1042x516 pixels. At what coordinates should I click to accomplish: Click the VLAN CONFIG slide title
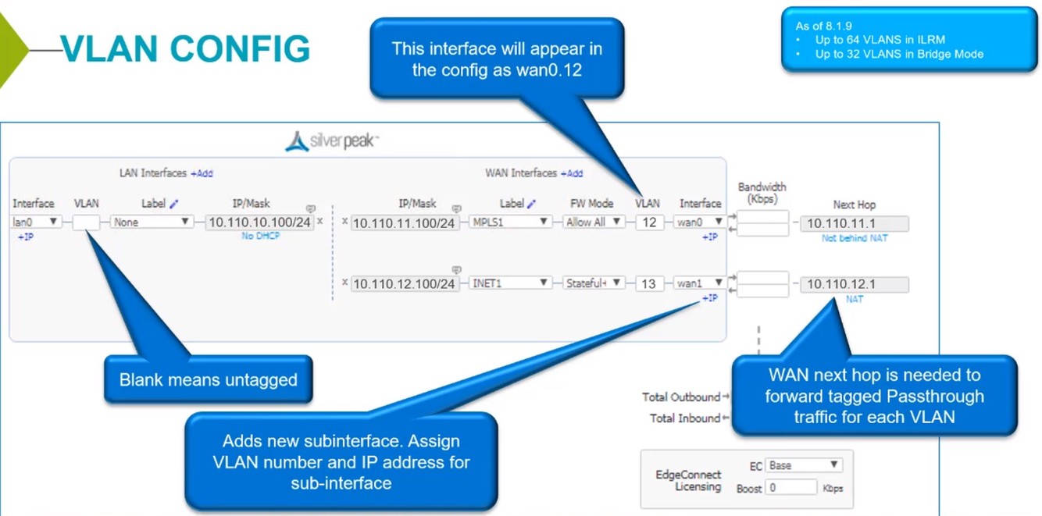pos(185,48)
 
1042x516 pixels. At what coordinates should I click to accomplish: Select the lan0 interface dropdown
pos(36,222)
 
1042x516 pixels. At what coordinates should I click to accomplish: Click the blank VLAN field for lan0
pos(86,222)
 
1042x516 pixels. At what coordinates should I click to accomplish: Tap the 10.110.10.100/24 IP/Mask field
pos(260,222)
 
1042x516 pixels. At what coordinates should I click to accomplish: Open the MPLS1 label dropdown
pos(511,222)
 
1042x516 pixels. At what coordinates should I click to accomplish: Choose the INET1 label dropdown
pos(511,283)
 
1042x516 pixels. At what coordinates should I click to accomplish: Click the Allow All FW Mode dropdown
pos(594,222)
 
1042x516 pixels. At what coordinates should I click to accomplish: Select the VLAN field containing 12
pos(649,222)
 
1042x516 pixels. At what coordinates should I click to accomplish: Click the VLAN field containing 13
pos(648,283)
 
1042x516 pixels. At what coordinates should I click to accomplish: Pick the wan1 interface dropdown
pos(700,283)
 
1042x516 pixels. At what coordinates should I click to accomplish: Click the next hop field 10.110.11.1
pos(855,224)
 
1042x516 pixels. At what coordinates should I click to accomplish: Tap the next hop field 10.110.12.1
pos(855,284)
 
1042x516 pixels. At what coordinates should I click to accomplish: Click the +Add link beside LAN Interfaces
pos(202,173)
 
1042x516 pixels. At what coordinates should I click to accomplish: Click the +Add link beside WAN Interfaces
pos(572,173)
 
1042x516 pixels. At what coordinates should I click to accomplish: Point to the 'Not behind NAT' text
pos(855,238)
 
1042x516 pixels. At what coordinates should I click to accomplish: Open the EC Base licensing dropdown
pos(803,465)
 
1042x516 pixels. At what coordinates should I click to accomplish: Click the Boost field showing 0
pos(790,488)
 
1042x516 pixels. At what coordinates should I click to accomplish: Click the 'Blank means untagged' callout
pos(209,380)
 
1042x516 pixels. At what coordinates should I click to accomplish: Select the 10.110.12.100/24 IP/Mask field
pos(405,284)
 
